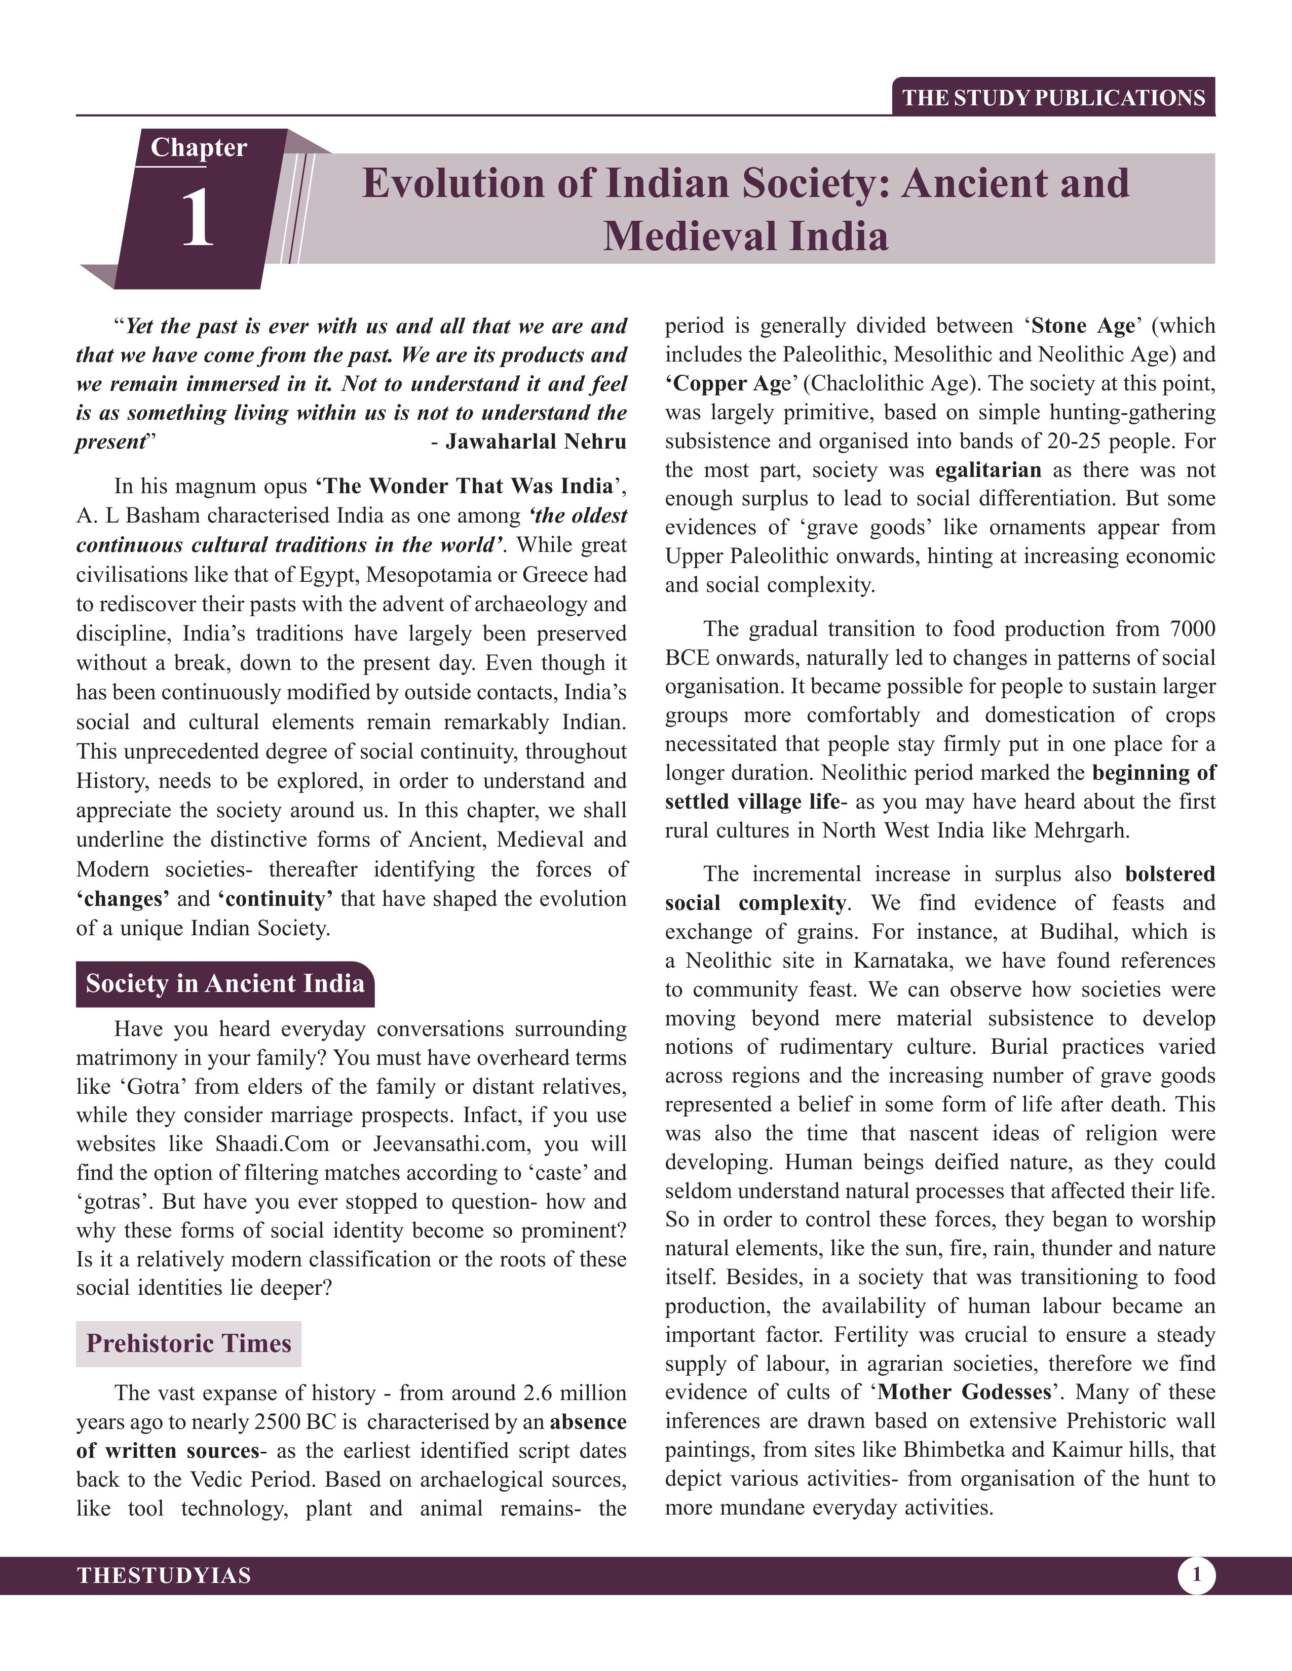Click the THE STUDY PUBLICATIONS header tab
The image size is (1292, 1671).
click(1053, 98)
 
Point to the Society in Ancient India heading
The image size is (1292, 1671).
click(225, 983)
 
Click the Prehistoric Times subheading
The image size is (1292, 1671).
click(188, 1343)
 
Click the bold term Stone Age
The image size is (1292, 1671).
click(1082, 326)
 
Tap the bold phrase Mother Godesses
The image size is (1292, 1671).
click(964, 1391)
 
